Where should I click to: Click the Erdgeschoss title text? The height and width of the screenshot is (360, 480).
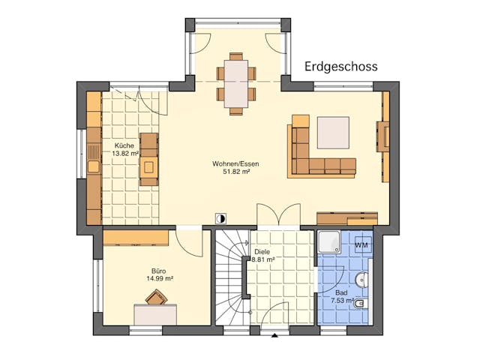coord(341,67)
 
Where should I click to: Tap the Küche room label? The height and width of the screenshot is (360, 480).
coord(124,145)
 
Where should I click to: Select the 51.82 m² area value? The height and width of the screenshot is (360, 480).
coord(231,171)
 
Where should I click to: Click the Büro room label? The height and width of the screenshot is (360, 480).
coord(158,270)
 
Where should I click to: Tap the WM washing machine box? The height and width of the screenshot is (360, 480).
coord(361,245)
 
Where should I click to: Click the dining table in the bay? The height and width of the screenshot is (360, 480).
coord(236,83)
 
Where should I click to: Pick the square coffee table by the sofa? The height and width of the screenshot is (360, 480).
coord(332,133)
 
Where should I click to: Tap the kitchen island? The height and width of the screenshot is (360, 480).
coord(148,159)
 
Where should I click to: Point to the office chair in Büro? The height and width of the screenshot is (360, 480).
coord(156,297)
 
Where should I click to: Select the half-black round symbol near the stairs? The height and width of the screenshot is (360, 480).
coord(220,218)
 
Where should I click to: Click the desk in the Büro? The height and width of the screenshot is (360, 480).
coord(155,314)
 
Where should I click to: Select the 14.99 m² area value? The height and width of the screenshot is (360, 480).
coord(160,278)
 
